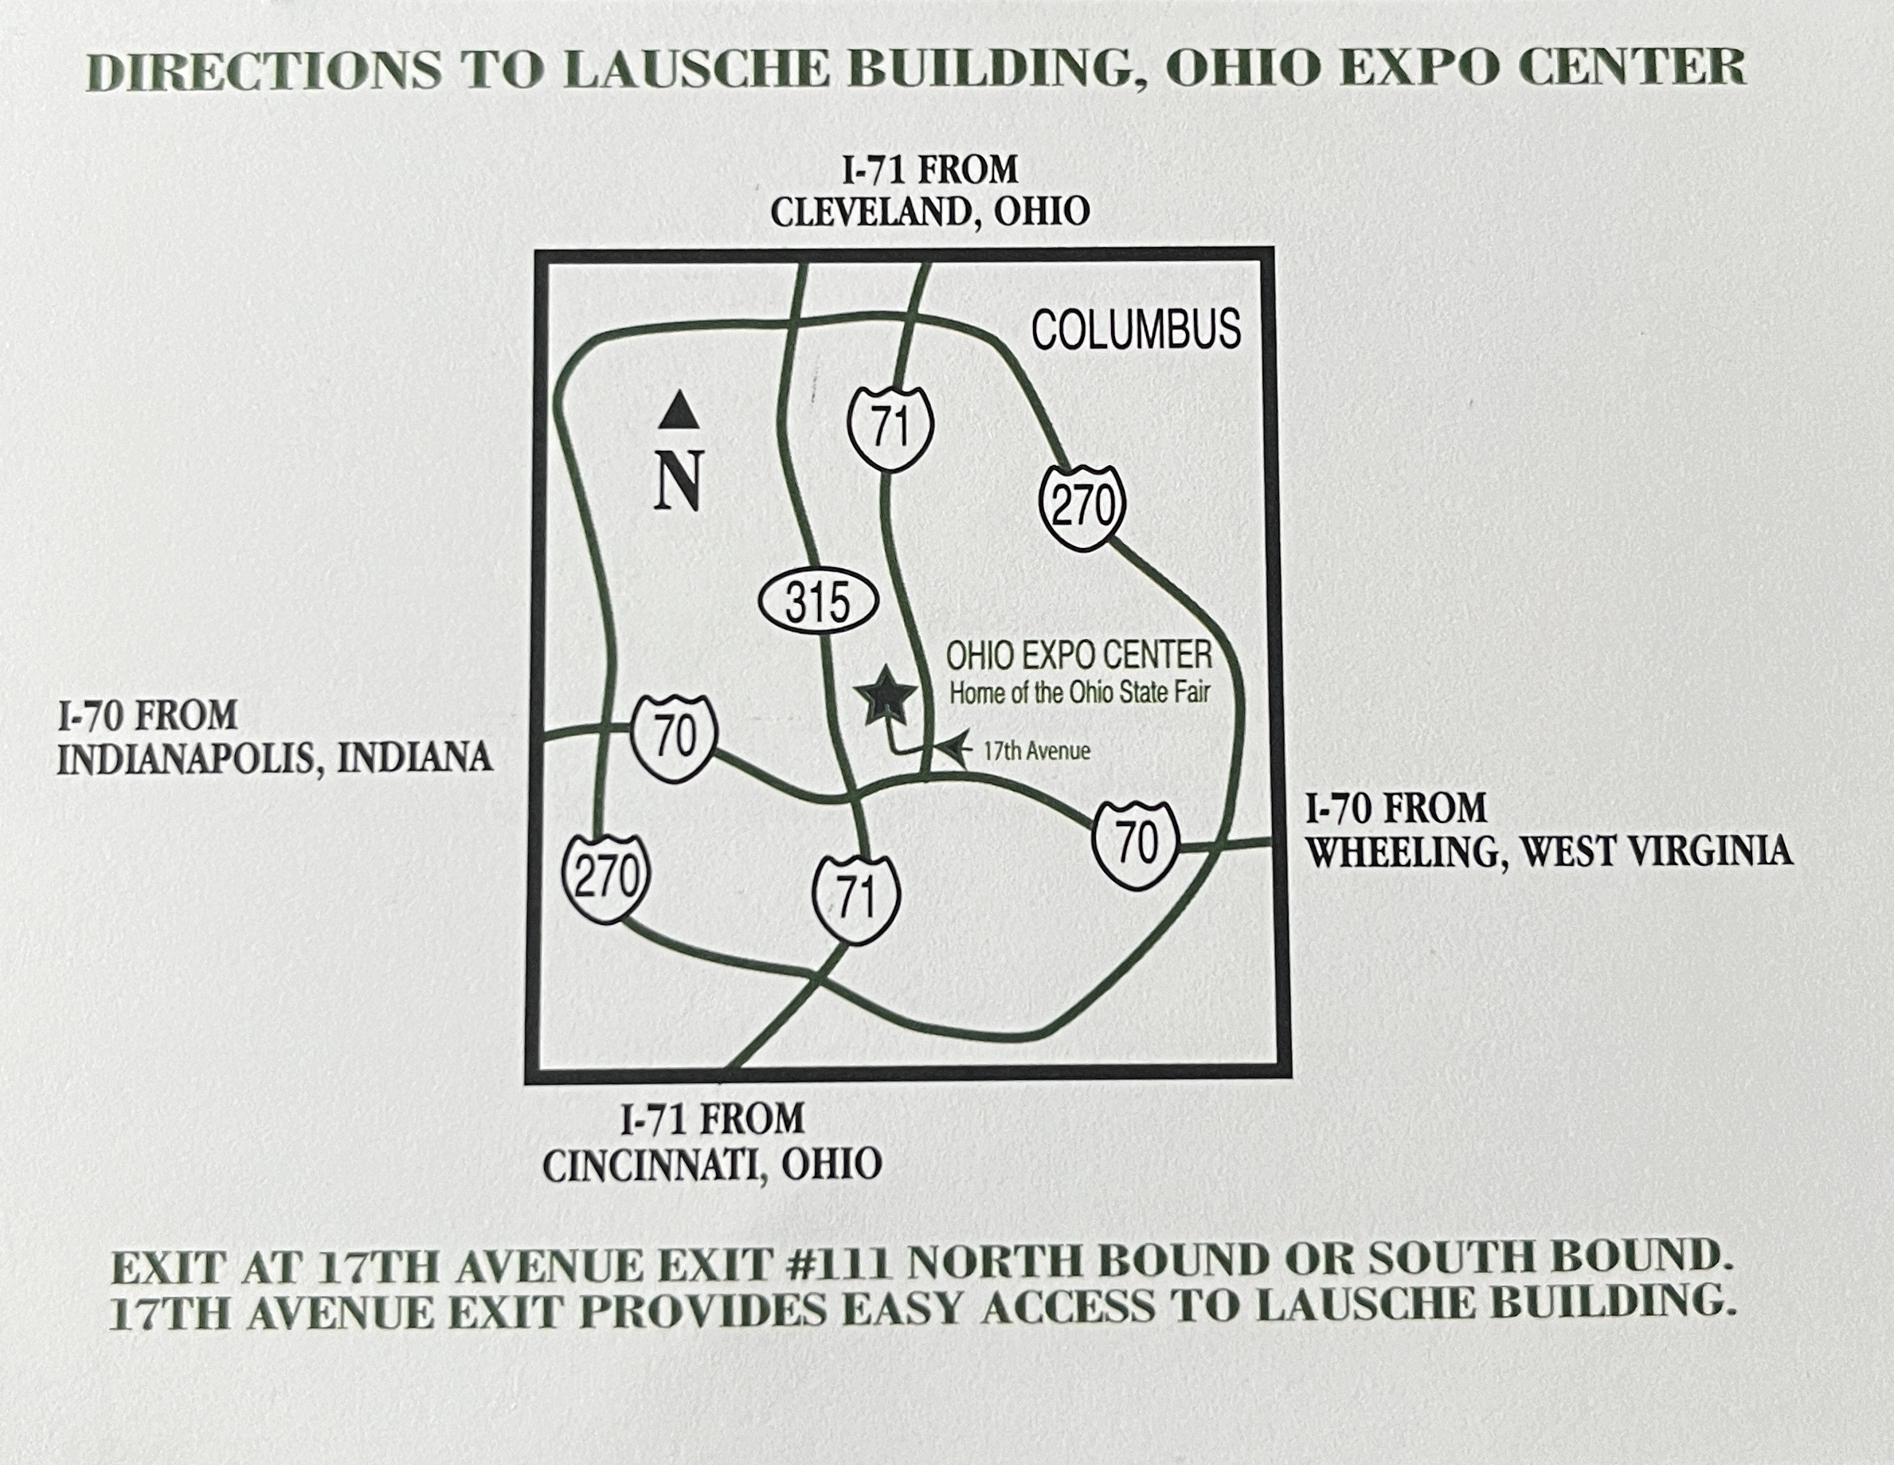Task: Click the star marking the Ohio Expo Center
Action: click(x=885, y=695)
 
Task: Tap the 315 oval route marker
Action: click(x=818, y=602)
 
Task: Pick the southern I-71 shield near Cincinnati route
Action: click(x=855, y=899)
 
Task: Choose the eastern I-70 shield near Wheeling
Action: click(x=1136, y=843)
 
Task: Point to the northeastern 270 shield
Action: click(x=1082, y=506)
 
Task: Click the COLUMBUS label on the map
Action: click(x=1135, y=330)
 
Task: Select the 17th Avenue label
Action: click(x=1036, y=751)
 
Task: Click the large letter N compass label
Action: click(x=678, y=481)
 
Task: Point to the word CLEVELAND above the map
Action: click(x=875, y=213)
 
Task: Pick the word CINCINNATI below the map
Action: click(x=655, y=1165)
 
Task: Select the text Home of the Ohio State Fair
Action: click(x=1080, y=693)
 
